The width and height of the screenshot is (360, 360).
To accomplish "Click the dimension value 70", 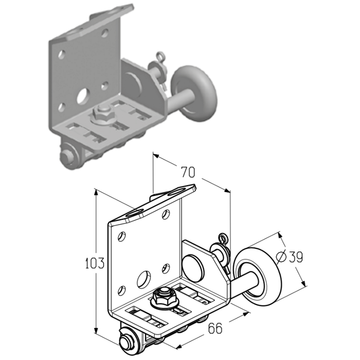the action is click(x=188, y=172).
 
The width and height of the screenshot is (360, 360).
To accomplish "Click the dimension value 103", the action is click(x=95, y=263).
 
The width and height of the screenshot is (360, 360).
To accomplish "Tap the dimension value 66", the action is click(x=215, y=328).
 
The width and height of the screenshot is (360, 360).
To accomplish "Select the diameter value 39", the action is click(x=296, y=257).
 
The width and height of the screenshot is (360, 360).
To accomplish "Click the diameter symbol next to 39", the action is click(x=281, y=257).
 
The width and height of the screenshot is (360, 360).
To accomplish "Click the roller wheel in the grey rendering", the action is click(x=194, y=94).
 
